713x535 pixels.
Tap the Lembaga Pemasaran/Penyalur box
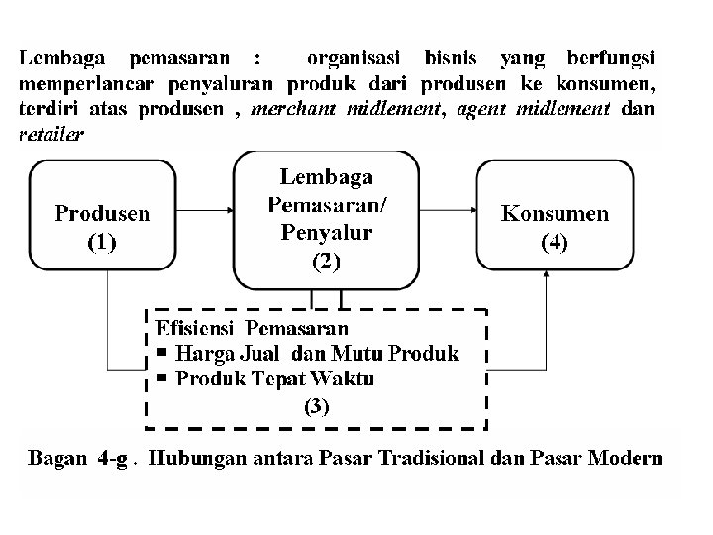(326, 219)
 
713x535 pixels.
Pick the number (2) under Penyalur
(326, 263)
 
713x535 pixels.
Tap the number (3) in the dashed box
(316, 405)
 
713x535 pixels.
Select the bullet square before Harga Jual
(161, 353)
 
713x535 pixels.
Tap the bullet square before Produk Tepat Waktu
(161, 378)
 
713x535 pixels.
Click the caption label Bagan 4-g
(78, 459)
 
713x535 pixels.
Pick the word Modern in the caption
(625, 459)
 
